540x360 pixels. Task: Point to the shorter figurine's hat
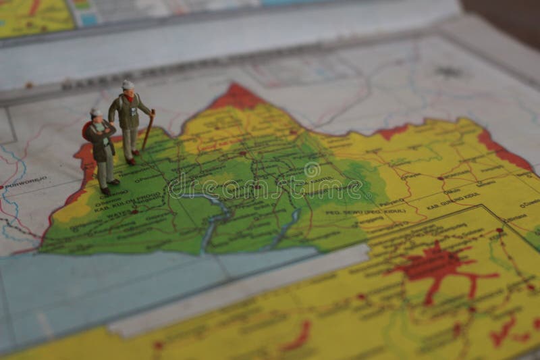(x=96, y=113)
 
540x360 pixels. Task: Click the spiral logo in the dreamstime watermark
(x=313, y=172)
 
